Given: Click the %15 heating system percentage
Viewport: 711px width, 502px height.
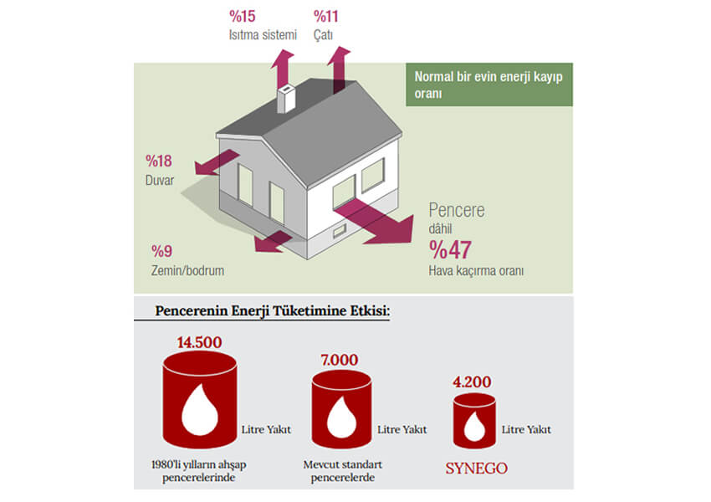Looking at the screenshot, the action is pyautogui.click(x=242, y=17).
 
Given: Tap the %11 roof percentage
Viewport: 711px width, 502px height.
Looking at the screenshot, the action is pyautogui.click(x=326, y=17).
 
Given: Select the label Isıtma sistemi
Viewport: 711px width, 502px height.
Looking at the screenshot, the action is pyautogui.click(x=263, y=35).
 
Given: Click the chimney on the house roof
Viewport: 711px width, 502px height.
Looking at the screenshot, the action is pyautogui.click(x=286, y=98).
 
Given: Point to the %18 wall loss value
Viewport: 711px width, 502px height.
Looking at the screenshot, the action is pyautogui.click(x=159, y=161).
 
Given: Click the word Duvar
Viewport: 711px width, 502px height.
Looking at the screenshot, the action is pyautogui.click(x=160, y=180).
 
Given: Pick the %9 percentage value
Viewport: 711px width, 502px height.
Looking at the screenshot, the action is pyautogui.click(x=162, y=251).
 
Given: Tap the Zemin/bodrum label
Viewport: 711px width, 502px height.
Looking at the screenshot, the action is pyautogui.click(x=187, y=271).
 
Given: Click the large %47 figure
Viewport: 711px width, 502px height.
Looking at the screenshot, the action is pyautogui.click(x=450, y=250).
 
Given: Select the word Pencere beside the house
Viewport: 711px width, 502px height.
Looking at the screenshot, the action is pyautogui.click(x=457, y=210).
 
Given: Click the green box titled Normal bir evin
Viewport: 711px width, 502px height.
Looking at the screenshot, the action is pyautogui.click(x=489, y=85).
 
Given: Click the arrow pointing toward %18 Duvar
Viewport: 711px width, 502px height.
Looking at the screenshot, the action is pyautogui.click(x=217, y=162).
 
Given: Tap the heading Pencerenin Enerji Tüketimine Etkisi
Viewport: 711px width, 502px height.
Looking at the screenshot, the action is pyautogui.click(x=273, y=311).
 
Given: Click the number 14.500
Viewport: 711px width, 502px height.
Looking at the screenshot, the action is pyautogui.click(x=200, y=342).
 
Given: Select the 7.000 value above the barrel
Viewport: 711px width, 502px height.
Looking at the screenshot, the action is pyautogui.click(x=340, y=360).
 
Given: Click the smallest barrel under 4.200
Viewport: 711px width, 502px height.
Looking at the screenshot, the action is pyautogui.click(x=474, y=421).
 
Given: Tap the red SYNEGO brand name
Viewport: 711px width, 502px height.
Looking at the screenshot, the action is pyautogui.click(x=477, y=469).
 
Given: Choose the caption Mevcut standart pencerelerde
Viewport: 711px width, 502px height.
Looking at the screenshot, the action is pyautogui.click(x=343, y=471).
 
